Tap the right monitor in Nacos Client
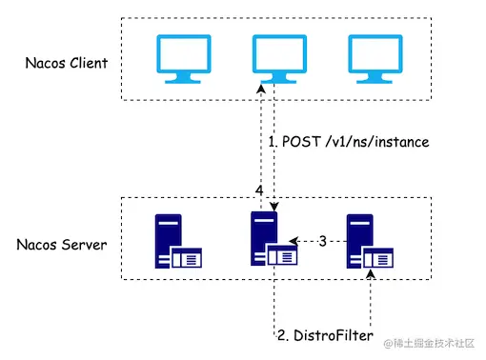click(x=371, y=58)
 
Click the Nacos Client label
click(x=67, y=64)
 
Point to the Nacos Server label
click(x=62, y=244)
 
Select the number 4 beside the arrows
click(x=259, y=191)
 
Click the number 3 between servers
click(x=322, y=242)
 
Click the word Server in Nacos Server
click(x=84, y=244)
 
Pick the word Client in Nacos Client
click(x=89, y=64)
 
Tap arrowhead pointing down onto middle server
click(x=273, y=207)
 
